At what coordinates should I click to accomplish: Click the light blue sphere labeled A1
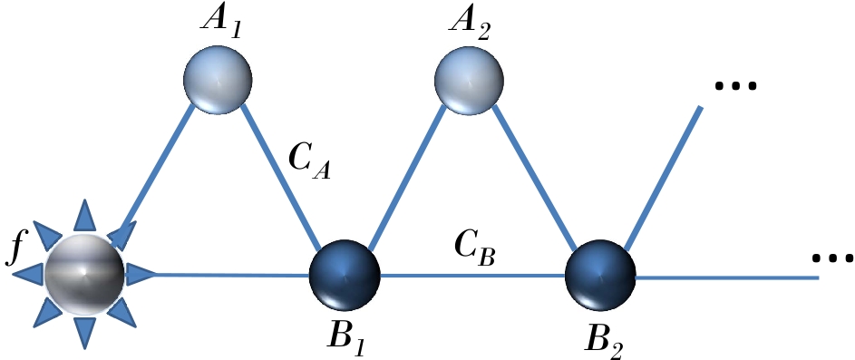coord(218,79)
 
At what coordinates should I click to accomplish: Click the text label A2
coord(471,20)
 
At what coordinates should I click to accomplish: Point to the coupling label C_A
coord(309,161)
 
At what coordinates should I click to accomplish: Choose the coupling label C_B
coord(473,248)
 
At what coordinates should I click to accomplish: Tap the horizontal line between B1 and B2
coord(471,274)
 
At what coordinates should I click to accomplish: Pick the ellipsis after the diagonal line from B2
coord(734,87)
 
